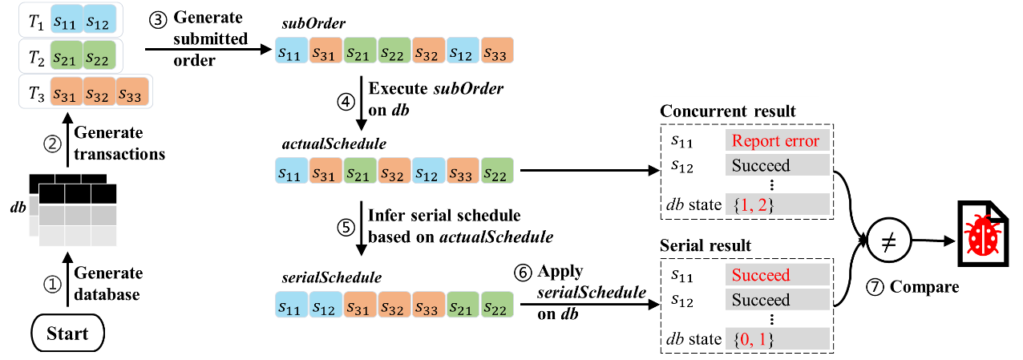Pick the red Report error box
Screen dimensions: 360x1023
tap(776, 141)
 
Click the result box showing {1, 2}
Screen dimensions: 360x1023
tap(776, 204)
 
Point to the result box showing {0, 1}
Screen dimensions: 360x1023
tap(776, 339)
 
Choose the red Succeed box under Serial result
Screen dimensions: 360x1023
tap(776, 275)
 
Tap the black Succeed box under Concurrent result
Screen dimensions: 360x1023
tap(776, 166)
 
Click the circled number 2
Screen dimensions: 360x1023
tap(52, 145)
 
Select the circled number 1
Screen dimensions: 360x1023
tap(52, 285)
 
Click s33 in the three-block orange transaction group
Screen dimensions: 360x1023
tap(133, 92)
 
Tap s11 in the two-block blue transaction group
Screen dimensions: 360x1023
tap(66, 20)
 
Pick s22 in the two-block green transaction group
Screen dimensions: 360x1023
tap(100, 56)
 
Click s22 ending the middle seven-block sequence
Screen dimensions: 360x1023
tap(497, 171)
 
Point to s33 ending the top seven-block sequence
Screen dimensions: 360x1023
tap(497, 51)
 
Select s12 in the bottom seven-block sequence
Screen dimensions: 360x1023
tap(325, 305)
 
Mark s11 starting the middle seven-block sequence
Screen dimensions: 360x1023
tap(291, 171)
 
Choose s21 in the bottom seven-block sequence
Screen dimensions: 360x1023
tap(463, 305)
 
